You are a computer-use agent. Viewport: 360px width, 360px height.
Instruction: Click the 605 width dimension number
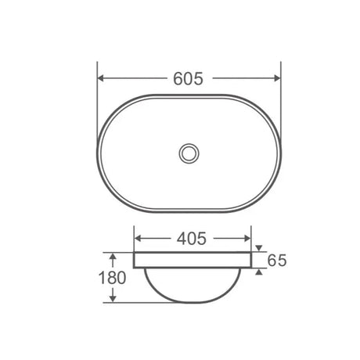(188, 78)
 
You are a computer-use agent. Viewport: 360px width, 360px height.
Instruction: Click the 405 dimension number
(192, 239)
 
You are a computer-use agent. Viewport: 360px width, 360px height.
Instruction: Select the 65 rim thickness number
(277, 261)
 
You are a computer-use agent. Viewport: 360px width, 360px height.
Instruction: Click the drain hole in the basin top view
(188, 152)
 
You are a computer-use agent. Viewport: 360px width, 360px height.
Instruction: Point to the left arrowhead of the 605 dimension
(103, 78)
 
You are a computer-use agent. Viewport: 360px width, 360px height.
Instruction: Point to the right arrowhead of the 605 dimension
(275, 78)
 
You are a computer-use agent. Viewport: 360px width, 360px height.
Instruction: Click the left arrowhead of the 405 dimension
(139, 239)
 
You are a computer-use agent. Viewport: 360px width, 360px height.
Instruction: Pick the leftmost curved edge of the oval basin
(99, 152)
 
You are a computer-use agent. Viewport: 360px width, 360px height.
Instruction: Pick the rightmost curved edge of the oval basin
(279, 152)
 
